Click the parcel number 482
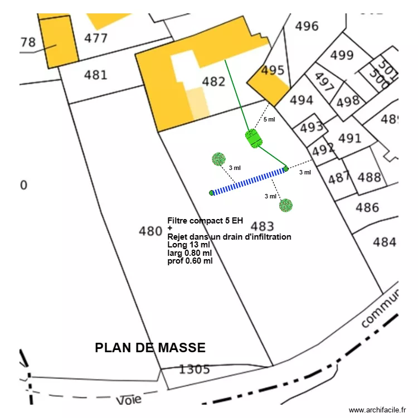click(213, 82)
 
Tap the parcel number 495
click(273, 71)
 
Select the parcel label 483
click(262, 226)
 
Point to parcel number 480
click(150, 231)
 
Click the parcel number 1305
click(194, 369)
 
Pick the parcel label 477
click(96, 38)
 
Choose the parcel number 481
click(95, 75)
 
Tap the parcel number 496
click(307, 26)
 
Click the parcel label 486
click(367, 208)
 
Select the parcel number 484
click(385, 242)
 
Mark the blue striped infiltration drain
click(249, 181)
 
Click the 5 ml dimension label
click(269, 119)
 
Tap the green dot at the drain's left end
click(212, 193)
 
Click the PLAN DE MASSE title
click(150, 348)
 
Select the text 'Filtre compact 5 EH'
click(205, 221)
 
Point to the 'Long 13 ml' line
click(188, 244)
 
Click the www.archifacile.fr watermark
click(377, 410)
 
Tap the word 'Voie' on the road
click(129, 400)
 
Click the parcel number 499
click(342, 55)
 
